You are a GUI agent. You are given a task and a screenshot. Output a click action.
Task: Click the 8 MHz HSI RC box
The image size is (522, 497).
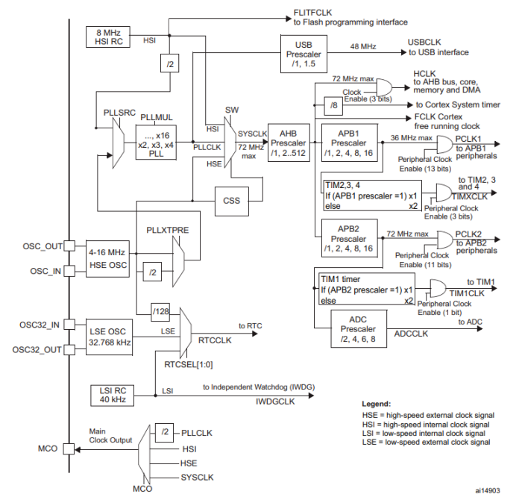109,37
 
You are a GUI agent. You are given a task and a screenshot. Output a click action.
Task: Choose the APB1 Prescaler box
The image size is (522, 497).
348,143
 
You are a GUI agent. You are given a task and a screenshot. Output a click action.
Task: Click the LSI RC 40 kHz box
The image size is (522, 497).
109,393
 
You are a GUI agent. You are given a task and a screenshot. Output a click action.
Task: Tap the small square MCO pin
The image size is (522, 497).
69,450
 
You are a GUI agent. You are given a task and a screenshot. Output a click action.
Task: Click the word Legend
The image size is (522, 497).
378,404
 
